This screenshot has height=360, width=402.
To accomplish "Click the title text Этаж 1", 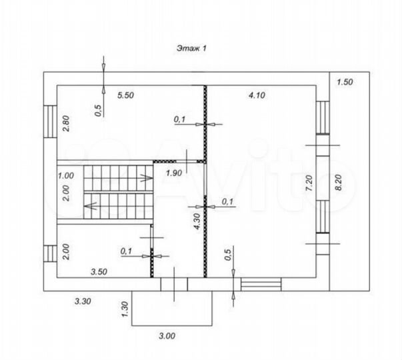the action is [191, 48].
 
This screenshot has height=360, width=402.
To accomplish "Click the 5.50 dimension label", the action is [125, 95].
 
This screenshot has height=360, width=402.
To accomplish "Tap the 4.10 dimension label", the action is [257, 95].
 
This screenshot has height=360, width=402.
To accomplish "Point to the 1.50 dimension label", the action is [345, 82].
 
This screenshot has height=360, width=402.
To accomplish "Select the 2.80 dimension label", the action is [66, 123].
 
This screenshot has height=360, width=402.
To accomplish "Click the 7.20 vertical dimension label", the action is [309, 183].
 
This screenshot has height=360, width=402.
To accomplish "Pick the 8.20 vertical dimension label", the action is [339, 183].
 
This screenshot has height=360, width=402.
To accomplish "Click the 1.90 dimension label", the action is [174, 173].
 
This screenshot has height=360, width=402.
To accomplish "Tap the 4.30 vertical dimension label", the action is [197, 221].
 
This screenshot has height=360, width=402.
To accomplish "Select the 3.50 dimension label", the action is [99, 271].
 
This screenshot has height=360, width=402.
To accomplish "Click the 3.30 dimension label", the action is [83, 301].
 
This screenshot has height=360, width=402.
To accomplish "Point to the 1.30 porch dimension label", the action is [125, 309].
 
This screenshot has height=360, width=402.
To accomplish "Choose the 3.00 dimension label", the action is [167, 335].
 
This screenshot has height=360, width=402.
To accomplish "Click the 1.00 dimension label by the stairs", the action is [65, 176].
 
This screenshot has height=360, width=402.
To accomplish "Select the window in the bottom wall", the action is [261, 285].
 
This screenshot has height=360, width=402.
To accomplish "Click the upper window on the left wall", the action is [50, 121].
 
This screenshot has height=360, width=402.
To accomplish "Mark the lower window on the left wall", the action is [50, 253].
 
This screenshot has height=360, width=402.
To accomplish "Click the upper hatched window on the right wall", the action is [323, 117].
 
